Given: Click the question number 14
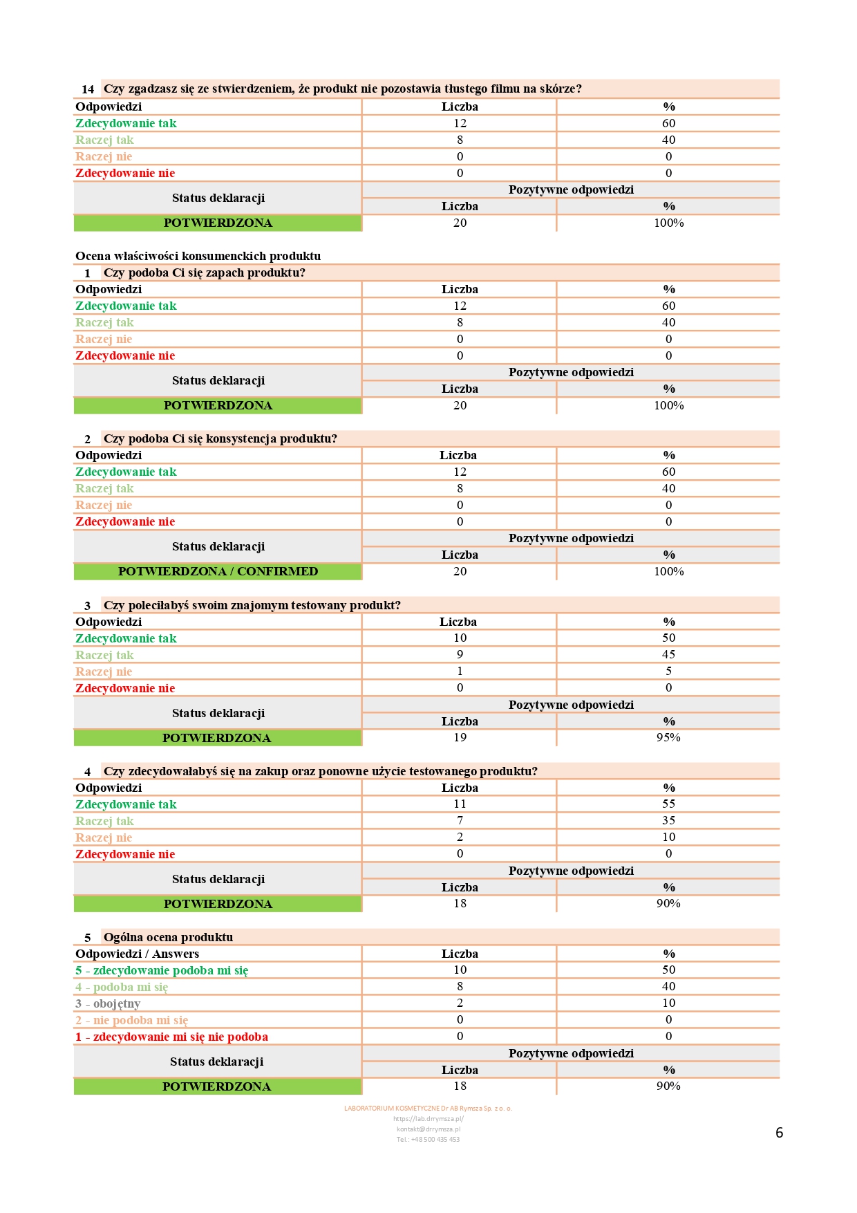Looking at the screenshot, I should pos(88,89).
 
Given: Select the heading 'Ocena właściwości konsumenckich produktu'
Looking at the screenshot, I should pos(198,256).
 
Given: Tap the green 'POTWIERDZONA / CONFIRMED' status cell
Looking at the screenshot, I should pos(218,572).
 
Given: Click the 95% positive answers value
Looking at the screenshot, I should pos(668,738).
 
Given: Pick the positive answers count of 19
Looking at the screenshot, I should pos(460,738).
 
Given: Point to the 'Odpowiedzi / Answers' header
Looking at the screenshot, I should pos(137,954).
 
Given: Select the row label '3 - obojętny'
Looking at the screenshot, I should pos(108,1003).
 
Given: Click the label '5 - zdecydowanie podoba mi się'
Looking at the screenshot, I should pos(162,971).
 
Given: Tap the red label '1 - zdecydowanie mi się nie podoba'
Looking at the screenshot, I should pos(171,1037).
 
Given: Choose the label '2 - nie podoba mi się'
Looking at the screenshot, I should pos(131,1021).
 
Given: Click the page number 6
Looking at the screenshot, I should pos(779,1133).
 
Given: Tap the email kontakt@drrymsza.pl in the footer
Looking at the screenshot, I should pos(428,1129).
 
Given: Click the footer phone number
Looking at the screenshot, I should pos(428,1140).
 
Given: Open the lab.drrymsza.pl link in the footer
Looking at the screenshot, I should pos(428,1119).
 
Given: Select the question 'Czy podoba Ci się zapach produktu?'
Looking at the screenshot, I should pos(205,273).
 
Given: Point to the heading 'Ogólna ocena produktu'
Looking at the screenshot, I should pos(168,938).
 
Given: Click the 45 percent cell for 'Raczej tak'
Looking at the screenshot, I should pos(668,655).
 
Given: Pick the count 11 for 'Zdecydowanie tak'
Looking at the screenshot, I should pos(460,804).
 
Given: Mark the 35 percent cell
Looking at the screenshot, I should pos(668,821).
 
